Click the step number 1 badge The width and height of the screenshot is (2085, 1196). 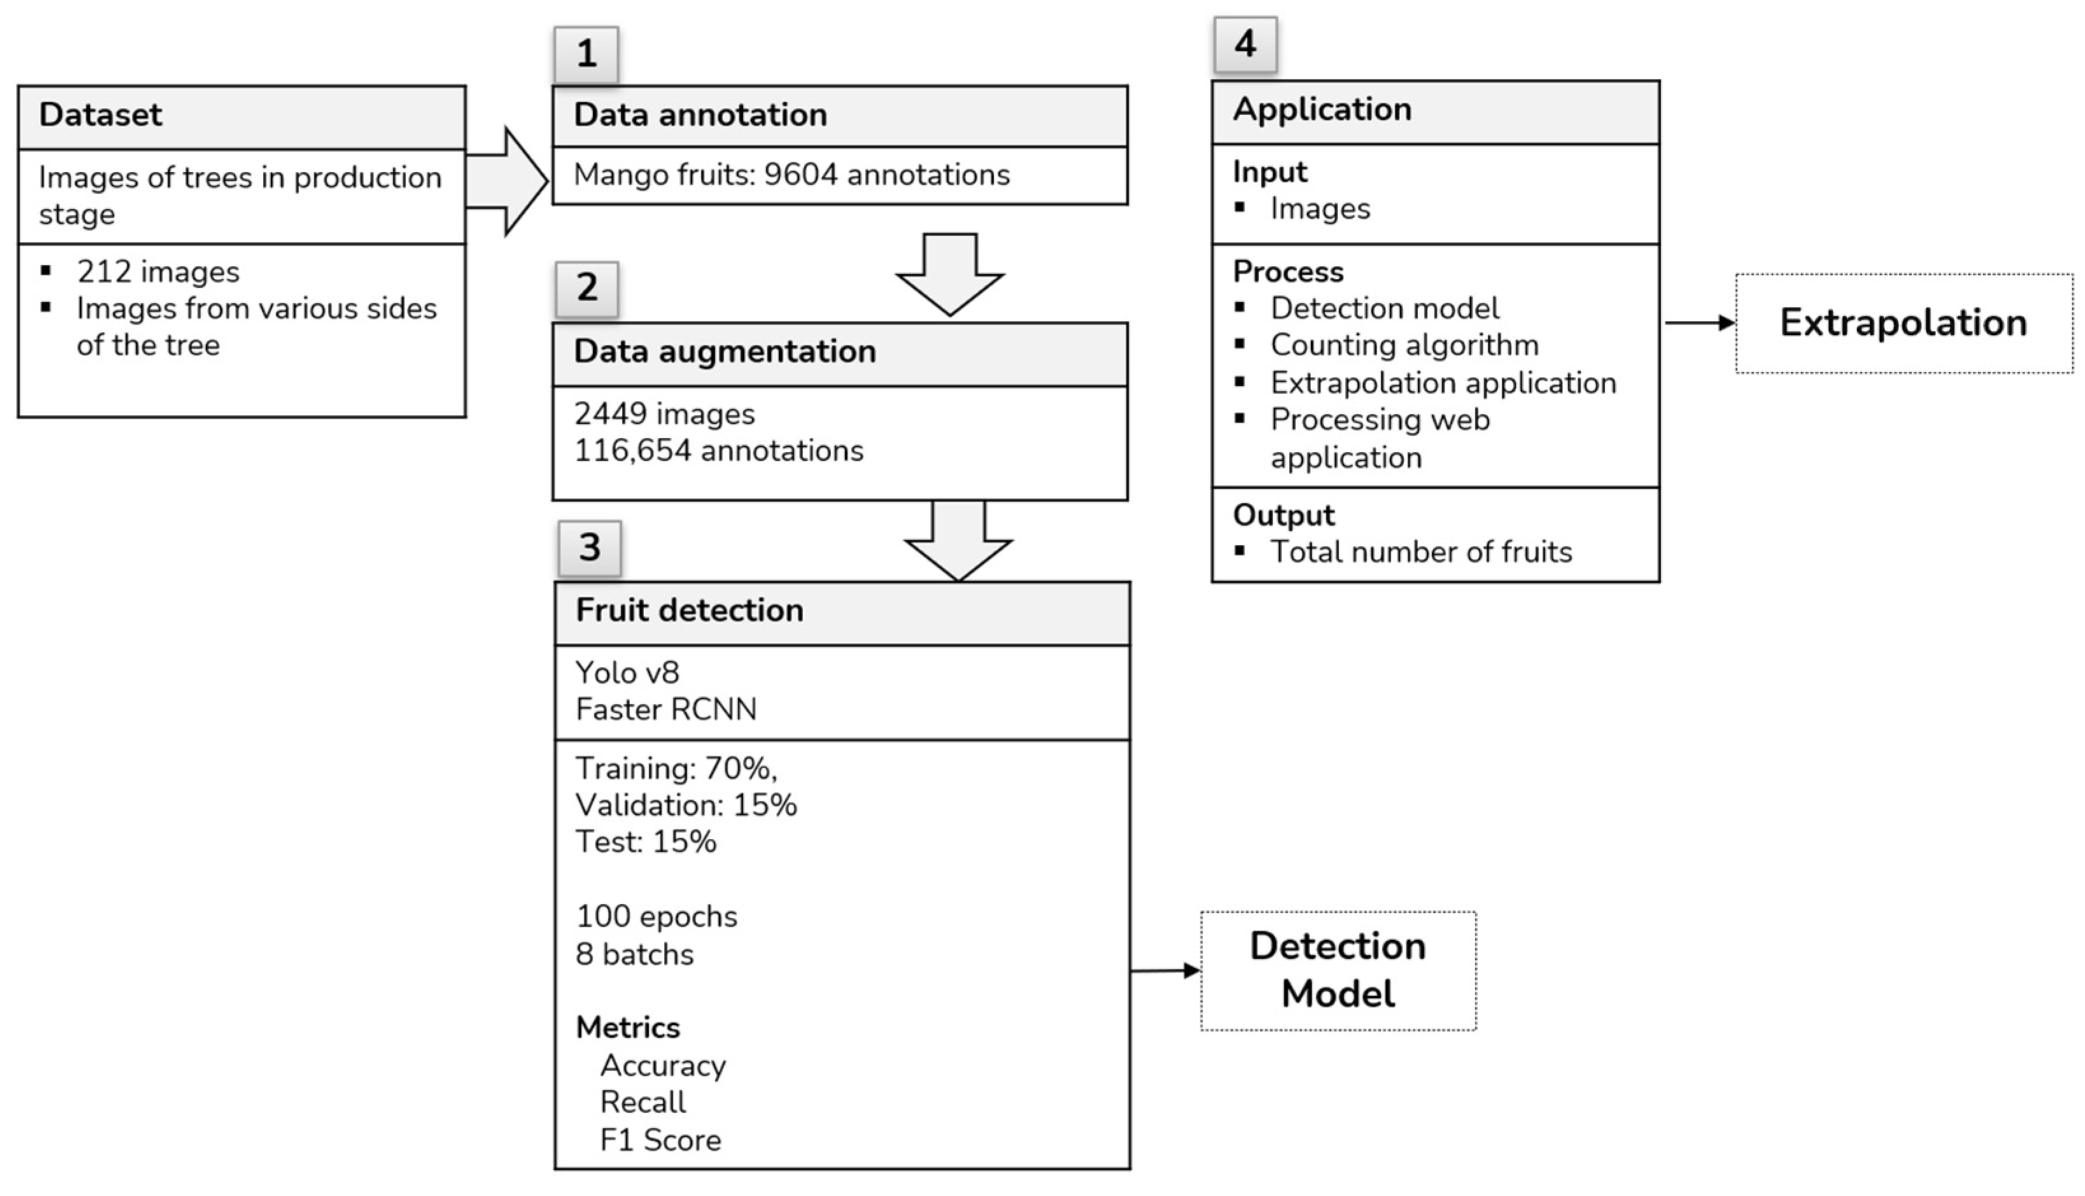click(x=586, y=54)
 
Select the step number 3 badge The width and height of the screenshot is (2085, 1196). click(x=589, y=548)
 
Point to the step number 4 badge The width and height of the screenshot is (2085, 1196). click(x=1245, y=45)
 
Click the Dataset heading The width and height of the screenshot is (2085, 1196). click(x=100, y=115)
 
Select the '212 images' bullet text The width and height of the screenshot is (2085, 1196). click(x=158, y=272)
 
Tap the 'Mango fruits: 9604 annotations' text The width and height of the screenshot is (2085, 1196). click(x=792, y=175)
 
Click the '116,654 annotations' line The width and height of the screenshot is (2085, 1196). click(x=719, y=451)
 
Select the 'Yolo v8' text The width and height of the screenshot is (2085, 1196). click(x=628, y=673)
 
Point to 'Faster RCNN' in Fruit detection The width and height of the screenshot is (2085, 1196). click(x=666, y=710)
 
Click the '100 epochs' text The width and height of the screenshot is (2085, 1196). click(x=656, y=917)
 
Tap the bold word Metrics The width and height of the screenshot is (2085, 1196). click(x=628, y=1027)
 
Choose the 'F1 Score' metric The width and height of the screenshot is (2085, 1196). click(x=660, y=1140)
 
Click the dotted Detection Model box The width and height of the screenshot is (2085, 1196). click(x=1338, y=970)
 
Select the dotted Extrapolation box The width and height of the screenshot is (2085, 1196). click(x=1903, y=323)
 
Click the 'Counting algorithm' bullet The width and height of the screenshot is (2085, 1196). click(x=1404, y=346)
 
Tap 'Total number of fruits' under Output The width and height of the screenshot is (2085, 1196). click(x=1421, y=552)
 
